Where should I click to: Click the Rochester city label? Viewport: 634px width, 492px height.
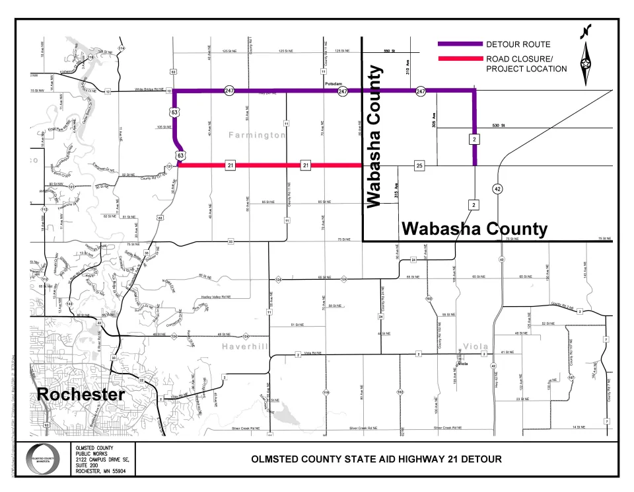tap(81, 395)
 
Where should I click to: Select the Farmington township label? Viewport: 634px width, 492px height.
tap(257, 135)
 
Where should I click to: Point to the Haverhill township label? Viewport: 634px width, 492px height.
tap(243, 347)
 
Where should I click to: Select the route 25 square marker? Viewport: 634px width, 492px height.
tap(419, 165)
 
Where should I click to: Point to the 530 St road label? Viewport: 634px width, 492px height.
tap(497, 125)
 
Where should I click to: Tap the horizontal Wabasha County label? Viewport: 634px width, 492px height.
tap(474, 229)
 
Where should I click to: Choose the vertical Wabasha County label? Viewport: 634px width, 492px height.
tap(375, 136)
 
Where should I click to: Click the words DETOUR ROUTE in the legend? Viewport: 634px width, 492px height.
tap(518, 44)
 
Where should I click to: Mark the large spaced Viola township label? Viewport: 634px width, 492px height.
tap(475, 346)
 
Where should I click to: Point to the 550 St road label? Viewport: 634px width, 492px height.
tap(388, 51)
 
